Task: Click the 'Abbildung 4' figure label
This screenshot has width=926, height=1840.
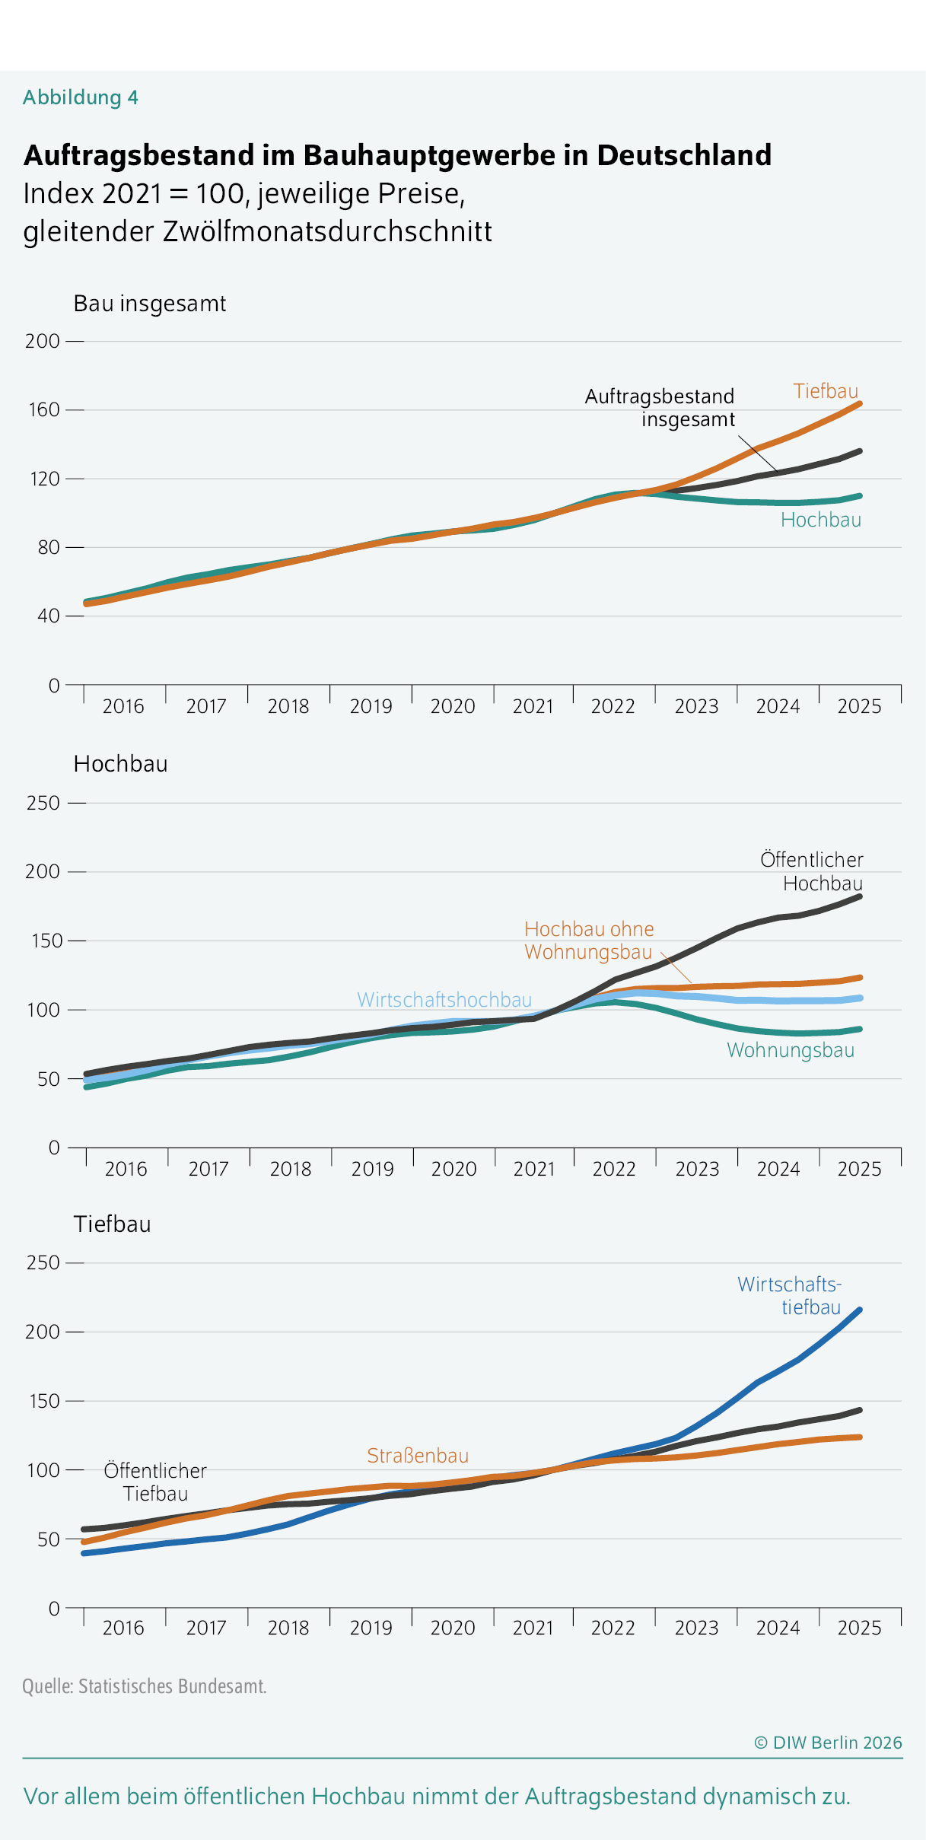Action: [81, 97]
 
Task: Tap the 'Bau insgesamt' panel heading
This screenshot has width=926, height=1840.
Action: [150, 304]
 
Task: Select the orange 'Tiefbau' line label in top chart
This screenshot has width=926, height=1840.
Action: [826, 391]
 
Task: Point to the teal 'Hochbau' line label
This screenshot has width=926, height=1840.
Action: [821, 520]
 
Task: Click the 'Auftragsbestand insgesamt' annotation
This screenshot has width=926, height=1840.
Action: [660, 408]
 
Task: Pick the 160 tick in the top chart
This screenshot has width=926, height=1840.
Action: [43, 409]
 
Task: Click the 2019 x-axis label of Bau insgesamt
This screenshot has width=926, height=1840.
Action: [371, 706]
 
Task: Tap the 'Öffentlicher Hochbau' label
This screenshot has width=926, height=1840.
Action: [812, 871]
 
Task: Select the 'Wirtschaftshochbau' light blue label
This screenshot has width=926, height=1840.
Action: [444, 999]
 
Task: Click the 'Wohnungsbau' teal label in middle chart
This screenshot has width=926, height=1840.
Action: [791, 1050]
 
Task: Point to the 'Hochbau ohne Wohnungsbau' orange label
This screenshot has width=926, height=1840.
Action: [589, 941]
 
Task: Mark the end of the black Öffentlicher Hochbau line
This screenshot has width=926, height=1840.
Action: [860, 896]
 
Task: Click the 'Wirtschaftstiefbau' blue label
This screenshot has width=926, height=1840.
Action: [790, 1295]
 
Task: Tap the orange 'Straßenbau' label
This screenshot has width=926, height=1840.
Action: [418, 1455]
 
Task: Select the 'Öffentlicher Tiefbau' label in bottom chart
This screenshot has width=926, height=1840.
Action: [155, 1482]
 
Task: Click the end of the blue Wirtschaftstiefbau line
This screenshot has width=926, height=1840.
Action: [860, 1310]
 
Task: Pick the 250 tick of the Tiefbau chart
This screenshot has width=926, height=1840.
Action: [43, 1262]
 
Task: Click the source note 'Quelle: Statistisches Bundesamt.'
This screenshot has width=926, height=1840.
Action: [145, 1686]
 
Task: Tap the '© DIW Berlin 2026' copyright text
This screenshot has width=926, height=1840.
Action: [828, 1743]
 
